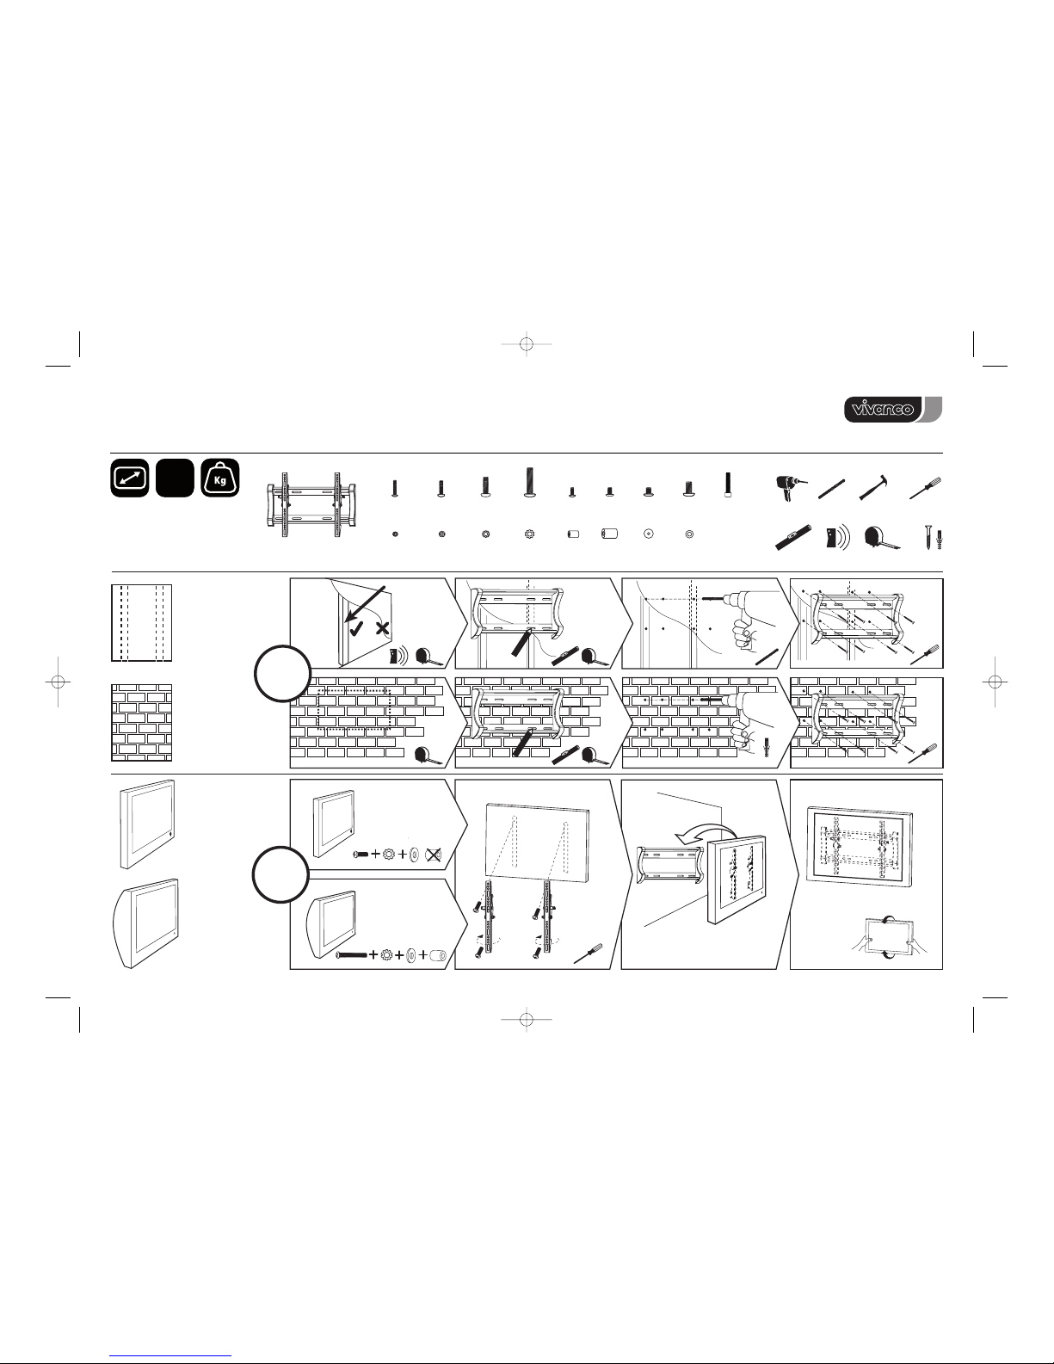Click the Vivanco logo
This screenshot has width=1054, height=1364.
(x=893, y=410)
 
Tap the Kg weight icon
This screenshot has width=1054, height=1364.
(x=220, y=478)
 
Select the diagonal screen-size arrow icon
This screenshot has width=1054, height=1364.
(x=130, y=478)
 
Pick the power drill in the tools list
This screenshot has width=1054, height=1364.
(x=791, y=487)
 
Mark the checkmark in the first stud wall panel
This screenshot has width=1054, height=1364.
(x=356, y=626)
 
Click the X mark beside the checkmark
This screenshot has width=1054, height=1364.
(x=382, y=627)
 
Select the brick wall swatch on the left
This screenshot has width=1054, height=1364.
(x=142, y=723)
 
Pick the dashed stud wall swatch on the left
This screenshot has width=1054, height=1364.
(x=142, y=623)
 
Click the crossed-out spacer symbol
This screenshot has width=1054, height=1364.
(x=433, y=855)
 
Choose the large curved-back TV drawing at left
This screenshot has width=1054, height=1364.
(x=145, y=922)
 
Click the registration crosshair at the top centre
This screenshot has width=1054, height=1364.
(x=527, y=344)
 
